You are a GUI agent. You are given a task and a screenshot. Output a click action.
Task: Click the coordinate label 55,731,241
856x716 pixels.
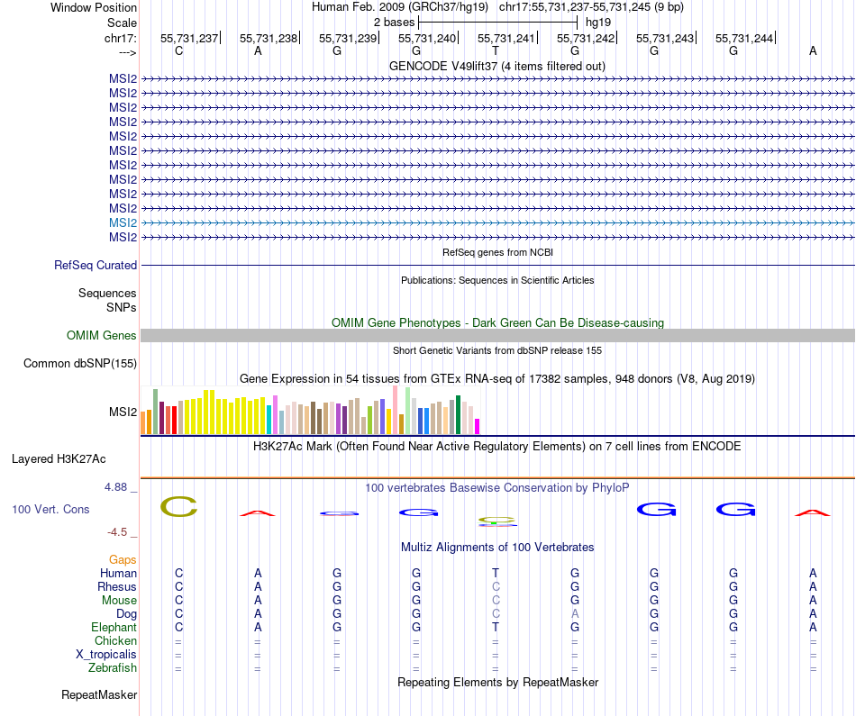[506, 38]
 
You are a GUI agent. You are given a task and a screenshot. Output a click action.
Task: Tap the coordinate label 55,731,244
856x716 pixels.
[744, 38]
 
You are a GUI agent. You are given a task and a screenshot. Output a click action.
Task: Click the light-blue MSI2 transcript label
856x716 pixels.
[123, 222]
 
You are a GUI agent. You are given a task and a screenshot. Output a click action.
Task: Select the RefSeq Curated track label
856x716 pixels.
[96, 266]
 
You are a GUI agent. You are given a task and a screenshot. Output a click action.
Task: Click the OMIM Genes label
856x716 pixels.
[102, 336]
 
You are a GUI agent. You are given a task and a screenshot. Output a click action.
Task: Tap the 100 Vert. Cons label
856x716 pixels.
[50, 510]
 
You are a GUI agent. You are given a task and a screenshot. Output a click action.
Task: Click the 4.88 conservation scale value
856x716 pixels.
[119, 487]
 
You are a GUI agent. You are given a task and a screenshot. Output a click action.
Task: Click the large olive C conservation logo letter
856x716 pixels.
[178, 506]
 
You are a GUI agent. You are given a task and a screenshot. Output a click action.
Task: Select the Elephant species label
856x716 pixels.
[114, 628]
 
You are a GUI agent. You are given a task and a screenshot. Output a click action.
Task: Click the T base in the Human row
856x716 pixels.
[496, 574]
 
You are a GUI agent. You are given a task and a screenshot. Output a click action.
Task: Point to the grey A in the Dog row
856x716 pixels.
[575, 614]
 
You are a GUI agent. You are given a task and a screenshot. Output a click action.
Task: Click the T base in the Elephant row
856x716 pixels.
[496, 628]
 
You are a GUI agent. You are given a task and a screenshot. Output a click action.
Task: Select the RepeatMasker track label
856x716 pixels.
[99, 695]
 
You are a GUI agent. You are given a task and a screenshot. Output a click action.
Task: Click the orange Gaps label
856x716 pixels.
[123, 560]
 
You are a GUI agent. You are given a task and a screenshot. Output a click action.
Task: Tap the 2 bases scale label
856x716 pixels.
[394, 21]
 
